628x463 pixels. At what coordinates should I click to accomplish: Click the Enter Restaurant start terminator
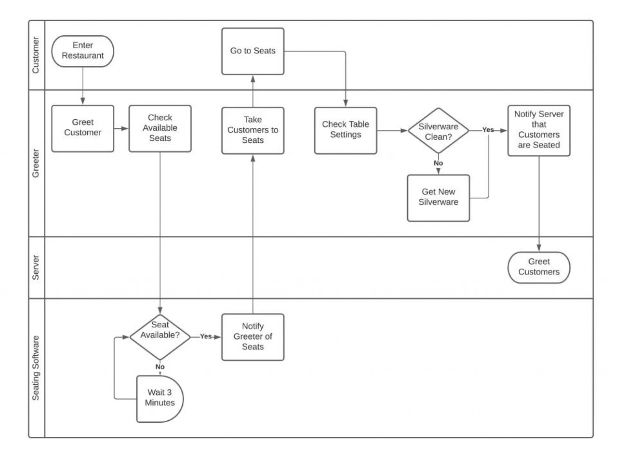82,51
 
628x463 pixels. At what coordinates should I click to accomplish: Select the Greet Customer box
82,128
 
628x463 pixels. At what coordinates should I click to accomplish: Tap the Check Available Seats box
160,128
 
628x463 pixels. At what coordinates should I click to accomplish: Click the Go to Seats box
253,51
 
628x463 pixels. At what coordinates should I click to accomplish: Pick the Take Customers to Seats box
253,130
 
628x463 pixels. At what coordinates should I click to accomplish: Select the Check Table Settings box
345,130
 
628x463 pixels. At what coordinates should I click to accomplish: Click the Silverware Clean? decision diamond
438,131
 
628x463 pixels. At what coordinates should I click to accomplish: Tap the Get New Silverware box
438,198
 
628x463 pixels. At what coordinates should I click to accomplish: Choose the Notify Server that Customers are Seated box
538,130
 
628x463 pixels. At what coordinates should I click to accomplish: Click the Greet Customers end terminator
538,267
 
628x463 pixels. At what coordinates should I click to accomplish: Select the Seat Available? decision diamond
160,337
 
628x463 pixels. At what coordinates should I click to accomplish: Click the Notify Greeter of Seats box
253,337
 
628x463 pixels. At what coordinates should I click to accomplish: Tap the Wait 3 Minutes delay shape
160,398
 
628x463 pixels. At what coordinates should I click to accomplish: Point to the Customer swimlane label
36,55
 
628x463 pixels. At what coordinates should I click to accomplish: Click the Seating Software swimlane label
36,368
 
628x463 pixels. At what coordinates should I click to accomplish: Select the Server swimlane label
36,267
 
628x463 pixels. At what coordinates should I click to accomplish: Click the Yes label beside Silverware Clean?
487,130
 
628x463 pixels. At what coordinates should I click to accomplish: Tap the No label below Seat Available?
160,367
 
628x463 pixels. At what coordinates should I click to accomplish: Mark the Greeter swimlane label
36,163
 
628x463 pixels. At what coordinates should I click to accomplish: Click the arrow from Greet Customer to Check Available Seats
121,128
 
